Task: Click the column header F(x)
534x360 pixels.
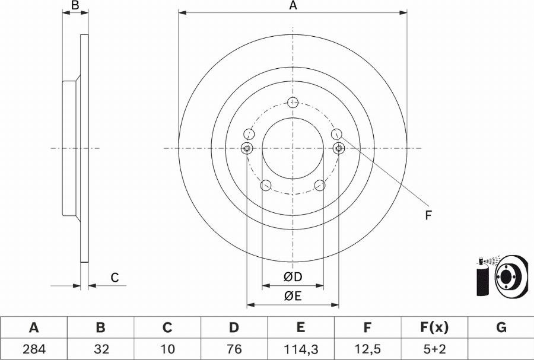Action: tap(434, 327)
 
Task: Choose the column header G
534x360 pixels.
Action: tap(501, 327)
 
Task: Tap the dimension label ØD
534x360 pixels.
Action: tap(293, 277)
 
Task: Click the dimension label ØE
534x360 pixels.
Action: tap(293, 297)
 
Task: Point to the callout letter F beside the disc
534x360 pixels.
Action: tap(427, 215)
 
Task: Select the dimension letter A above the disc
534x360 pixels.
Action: tap(293, 6)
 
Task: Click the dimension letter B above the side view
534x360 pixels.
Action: tap(75, 6)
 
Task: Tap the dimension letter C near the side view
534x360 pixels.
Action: tap(115, 277)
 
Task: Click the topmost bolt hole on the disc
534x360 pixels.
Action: tap(293, 103)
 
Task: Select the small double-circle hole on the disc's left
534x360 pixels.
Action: tap(247, 148)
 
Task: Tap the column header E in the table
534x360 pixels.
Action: tap(300, 327)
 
